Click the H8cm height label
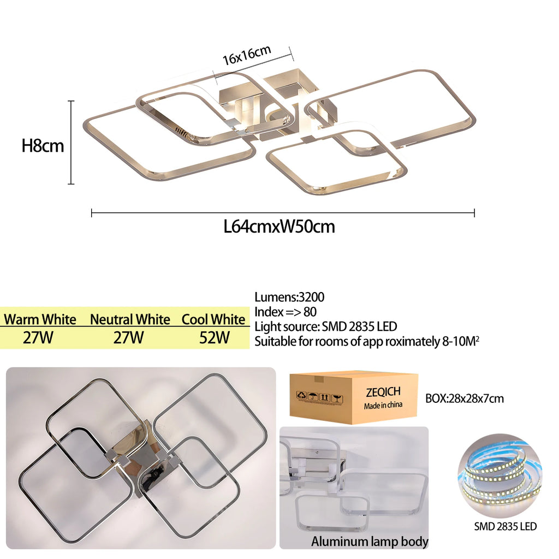click(43, 145)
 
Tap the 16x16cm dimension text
click(247, 55)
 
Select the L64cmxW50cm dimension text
click(279, 227)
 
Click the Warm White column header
click(40, 319)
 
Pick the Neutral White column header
click(130, 319)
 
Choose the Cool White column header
click(213, 319)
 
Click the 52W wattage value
click(215, 337)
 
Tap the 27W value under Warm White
click(38, 337)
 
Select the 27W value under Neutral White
click(129, 337)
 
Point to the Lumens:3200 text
click(289, 297)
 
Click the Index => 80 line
click(286, 312)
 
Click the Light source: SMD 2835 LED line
click(326, 326)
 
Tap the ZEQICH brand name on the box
click(383, 392)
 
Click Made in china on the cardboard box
click(383, 405)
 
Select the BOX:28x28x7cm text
click(465, 398)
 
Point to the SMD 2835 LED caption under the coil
click(505, 526)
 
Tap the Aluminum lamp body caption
click(370, 542)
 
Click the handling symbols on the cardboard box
click(319, 396)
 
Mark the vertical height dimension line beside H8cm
click(72, 142)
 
